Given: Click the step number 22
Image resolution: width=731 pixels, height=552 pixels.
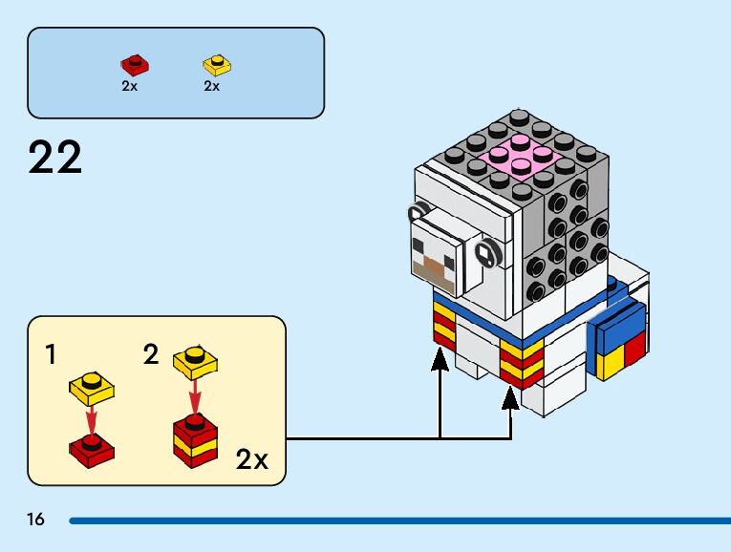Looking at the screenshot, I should (55, 158).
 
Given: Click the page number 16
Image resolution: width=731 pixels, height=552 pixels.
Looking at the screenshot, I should (36, 520).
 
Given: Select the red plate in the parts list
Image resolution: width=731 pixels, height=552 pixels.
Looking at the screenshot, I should (135, 65).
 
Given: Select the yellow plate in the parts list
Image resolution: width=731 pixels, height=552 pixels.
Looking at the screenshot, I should (218, 65).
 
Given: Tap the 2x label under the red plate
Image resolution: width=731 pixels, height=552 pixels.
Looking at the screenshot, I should (130, 86).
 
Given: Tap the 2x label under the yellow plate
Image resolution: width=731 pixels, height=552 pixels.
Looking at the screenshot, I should (212, 86).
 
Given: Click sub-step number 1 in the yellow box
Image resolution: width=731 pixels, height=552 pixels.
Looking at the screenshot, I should (50, 356).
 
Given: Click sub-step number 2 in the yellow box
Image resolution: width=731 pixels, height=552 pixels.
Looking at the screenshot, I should (150, 356).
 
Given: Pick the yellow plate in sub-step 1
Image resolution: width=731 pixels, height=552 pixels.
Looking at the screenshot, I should (92, 387).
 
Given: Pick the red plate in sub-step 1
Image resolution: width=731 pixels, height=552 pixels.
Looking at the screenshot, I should (93, 450).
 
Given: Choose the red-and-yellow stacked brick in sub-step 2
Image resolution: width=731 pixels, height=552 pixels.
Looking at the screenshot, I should (194, 441).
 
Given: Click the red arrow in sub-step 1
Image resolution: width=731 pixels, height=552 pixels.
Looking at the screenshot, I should (92, 419).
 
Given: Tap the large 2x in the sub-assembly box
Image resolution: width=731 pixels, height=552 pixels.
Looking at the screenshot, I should (251, 460).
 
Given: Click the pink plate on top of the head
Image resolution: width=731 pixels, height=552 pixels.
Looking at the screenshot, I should (521, 155).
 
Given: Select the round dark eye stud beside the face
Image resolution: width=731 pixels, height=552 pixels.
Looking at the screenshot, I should (485, 254).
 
